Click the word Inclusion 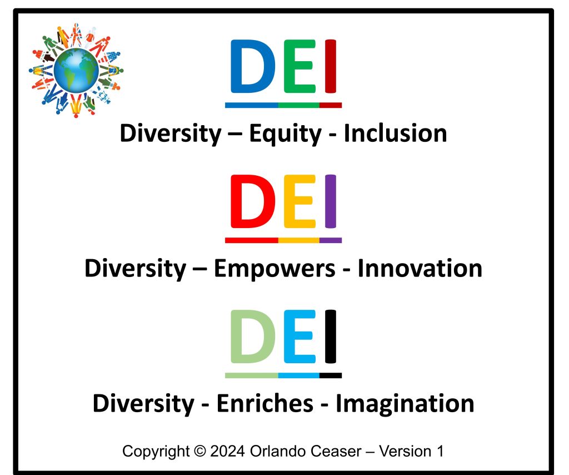click(x=395, y=133)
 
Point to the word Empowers click(x=274, y=269)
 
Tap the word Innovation click(x=420, y=269)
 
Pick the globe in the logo click(x=76, y=70)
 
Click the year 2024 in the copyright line click(x=228, y=451)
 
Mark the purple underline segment click(x=331, y=240)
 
